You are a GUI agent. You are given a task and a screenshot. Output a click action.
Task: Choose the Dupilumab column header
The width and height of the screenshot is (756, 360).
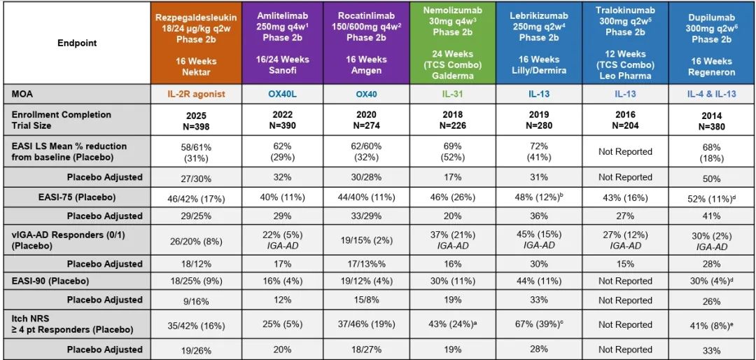click(x=710, y=43)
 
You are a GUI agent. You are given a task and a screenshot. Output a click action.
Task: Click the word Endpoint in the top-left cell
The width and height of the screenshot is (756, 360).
click(x=77, y=43)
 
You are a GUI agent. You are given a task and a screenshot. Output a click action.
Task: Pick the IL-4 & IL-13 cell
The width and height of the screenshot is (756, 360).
click(x=710, y=93)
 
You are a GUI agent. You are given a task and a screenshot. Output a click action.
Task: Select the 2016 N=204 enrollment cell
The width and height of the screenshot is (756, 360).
click(x=625, y=120)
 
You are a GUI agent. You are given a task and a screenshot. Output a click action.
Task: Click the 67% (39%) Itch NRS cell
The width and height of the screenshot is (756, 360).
click(x=538, y=324)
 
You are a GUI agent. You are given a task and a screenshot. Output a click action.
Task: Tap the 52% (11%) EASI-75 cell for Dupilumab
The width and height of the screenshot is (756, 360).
click(x=710, y=198)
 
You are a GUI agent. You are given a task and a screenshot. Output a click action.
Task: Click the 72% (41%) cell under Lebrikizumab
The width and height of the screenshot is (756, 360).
click(x=538, y=151)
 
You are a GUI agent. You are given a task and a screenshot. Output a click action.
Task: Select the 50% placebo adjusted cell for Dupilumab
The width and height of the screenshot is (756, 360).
click(x=710, y=177)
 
